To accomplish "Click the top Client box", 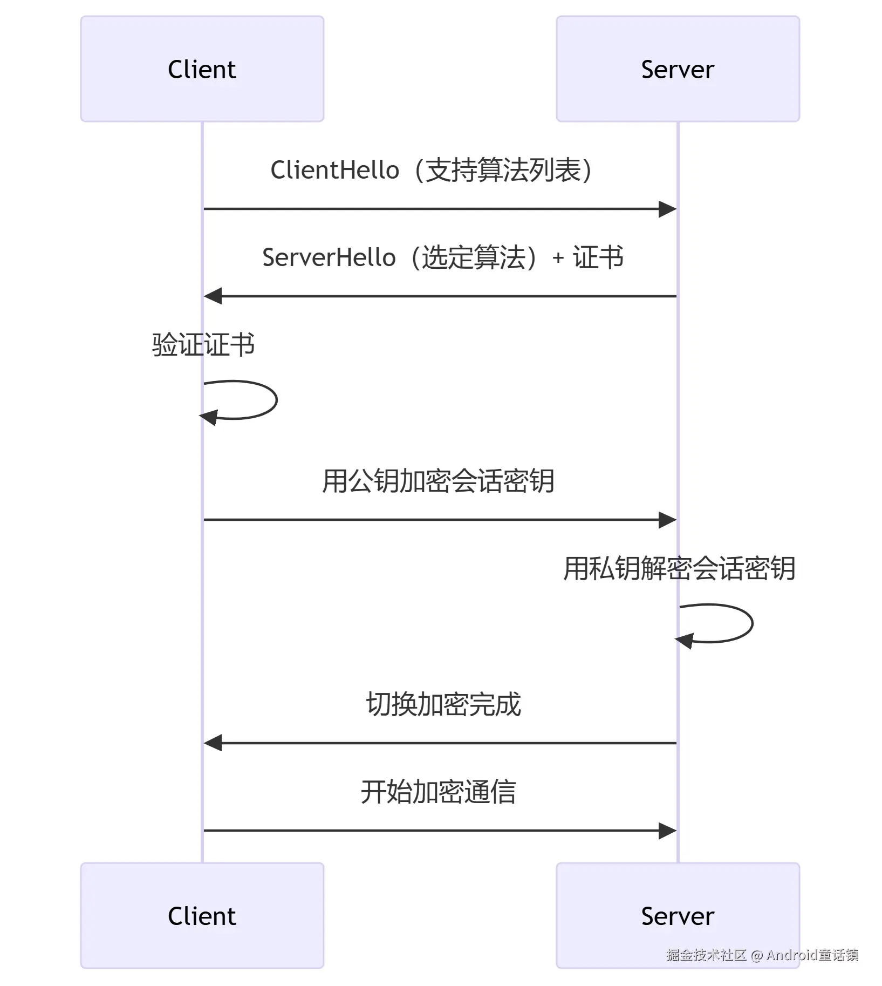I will pos(202,69).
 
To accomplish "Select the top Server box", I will pos(678,69).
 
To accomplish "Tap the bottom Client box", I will pos(202,916).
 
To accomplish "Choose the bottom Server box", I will pos(678,916).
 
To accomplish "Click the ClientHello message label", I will pos(432,170).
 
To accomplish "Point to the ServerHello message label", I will pos(442,257).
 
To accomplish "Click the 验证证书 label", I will pos(203,344).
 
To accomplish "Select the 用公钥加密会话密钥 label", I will pos(438,481).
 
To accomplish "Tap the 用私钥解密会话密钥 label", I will pos(679,568).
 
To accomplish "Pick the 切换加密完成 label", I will pos(443,704).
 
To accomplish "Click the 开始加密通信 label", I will pos(438,792).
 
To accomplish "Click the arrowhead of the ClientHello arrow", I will pos(668,209).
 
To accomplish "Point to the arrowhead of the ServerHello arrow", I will pos(213,296).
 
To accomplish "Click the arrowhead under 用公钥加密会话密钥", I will pos(668,520).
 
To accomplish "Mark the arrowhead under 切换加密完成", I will pos(213,743).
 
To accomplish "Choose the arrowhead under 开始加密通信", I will pos(668,831).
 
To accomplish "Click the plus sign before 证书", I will pos(558,259).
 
